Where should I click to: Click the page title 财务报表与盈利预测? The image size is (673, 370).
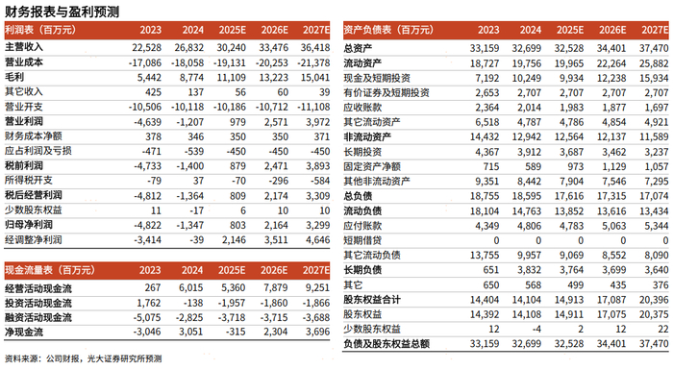[x=62, y=12]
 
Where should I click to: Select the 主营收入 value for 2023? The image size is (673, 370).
[x=147, y=48]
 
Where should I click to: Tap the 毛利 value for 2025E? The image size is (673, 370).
[x=232, y=78]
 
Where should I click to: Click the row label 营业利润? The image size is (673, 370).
[x=24, y=121]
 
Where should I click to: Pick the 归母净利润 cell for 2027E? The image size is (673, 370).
[x=318, y=225]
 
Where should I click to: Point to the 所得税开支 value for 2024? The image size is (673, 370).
[x=196, y=181]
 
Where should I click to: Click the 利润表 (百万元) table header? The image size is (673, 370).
[x=40, y=30]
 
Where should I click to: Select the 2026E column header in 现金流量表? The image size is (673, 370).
[x=274, y=270]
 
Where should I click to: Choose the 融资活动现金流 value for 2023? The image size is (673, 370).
[x=147, y=318]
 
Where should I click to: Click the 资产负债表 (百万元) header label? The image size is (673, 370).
[x=388, y=30]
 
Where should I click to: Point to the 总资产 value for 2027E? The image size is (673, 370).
[x=654, y=48]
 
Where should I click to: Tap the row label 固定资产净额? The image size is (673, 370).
[x=372, y=166]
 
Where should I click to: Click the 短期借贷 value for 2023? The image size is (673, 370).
[x=496, y=240]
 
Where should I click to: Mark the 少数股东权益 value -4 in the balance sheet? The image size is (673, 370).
[x=536, y=330]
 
